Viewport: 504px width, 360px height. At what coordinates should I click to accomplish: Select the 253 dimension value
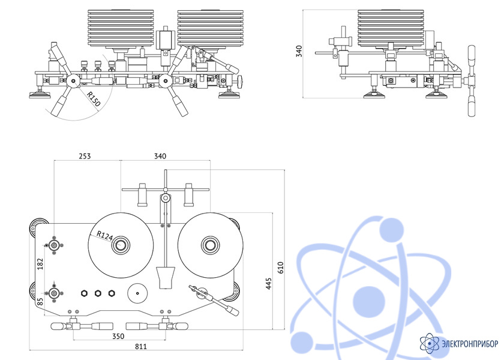pyautogui.click(x=85, y=156)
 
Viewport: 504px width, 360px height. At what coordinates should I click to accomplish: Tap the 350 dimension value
pyautogui.click(x=118, y=337)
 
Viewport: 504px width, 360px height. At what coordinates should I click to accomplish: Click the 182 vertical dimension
pyautogui.click(x=41, y=264)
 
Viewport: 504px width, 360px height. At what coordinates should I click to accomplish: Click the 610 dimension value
pyautogui.click(x=281, y=268)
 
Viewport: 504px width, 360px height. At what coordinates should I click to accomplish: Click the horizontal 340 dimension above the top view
pyautogui.click(x=160, y=156)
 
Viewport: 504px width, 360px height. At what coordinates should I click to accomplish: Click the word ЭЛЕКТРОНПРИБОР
pyautogui.click(x=470, y=344)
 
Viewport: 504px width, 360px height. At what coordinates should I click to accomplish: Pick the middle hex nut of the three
pyautogui.click(x=98, y=293)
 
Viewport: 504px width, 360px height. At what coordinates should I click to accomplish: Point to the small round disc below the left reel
pyautogui.click(x=137, y=293)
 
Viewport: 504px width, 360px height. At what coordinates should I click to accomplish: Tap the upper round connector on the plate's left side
pyautogui.click(x=55, y=245)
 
